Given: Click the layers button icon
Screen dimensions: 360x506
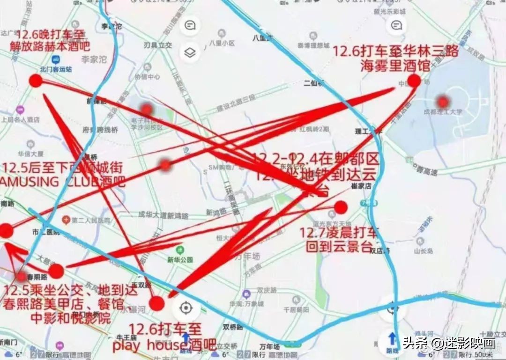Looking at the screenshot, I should pos(190,52).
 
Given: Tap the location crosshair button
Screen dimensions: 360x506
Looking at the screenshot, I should pos(186,308).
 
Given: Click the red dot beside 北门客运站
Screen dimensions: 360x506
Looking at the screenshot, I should pos(36,81).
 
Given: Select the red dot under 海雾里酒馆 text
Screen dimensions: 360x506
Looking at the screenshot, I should pos(414,81).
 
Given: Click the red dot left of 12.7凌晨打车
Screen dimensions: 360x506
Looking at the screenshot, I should pos(341,207).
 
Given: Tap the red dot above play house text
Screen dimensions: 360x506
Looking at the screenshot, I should pos(157,303).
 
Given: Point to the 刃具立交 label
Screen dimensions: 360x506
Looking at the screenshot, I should pos(158,45).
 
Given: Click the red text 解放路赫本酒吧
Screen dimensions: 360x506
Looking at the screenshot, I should pos(50,46).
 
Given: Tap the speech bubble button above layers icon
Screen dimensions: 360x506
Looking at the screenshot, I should pos(190,26).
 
